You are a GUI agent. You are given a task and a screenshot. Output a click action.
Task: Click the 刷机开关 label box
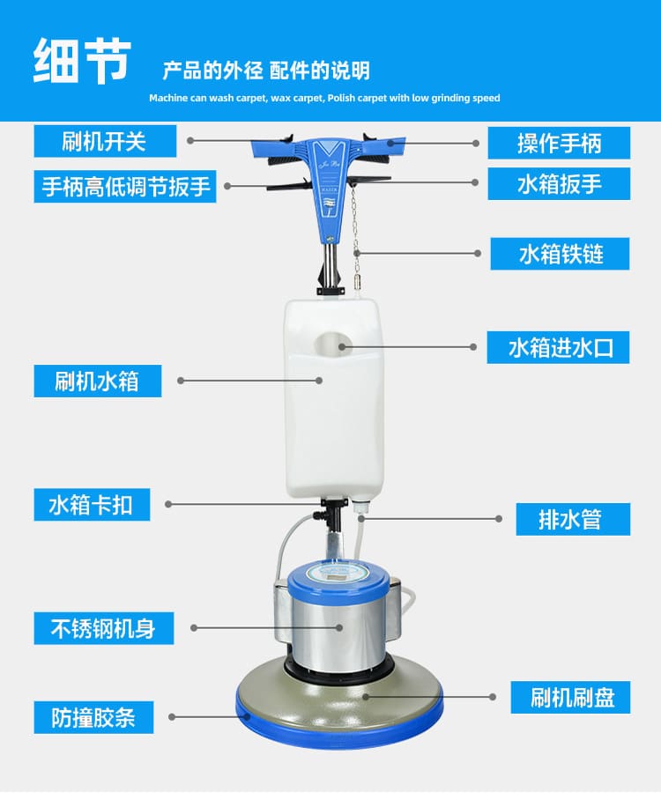coord(105,141)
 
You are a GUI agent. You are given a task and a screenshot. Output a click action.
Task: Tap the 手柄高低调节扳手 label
coord(125,187)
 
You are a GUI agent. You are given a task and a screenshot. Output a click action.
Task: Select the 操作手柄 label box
coord(559,143)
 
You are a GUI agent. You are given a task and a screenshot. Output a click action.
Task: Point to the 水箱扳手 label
coord(559,183)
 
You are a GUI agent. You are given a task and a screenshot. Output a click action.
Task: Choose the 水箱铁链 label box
coord(560,254)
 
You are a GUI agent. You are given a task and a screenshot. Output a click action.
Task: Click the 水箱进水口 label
coord(559,347)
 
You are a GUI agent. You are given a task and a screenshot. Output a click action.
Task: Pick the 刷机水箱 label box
coord(98,381)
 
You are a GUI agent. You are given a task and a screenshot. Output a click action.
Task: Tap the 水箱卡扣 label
coord(92,505)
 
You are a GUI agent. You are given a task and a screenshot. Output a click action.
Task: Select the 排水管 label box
coord(573,520)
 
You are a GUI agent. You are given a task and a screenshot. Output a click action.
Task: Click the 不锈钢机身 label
coord(104,628)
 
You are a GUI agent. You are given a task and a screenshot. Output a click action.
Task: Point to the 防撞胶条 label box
coord(94,717)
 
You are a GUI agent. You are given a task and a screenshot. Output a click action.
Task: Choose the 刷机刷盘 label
coord(570,698)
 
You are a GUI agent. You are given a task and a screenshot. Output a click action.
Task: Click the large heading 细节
coord(82,60)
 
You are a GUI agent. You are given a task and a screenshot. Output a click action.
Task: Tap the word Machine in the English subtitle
coord(168,98)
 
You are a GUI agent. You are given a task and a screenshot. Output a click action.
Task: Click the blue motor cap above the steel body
coord(338,580)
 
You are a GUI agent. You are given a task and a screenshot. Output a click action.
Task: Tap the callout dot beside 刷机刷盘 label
coord(492,697)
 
